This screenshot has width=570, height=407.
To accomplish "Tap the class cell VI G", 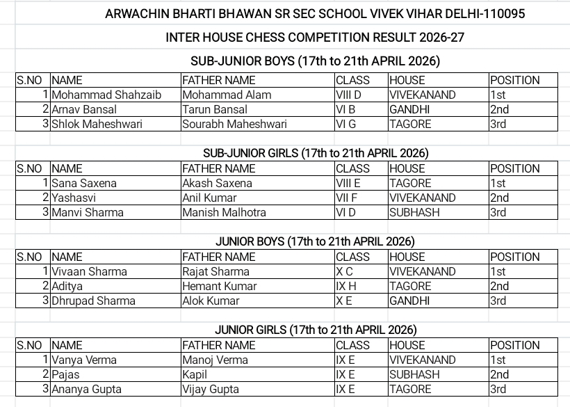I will pyautogui.click(x=345, y=124).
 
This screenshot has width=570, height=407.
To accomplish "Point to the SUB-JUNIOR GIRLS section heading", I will pyautogui.click(x=316, y=153).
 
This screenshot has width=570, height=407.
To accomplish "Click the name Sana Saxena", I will pyautogui.click(x=84, y=183).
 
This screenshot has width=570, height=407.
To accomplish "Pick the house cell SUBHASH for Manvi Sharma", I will pyautogui.click(x=414, y=212).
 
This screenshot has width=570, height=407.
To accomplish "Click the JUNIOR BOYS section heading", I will pyautogui.click(x=315, y=241).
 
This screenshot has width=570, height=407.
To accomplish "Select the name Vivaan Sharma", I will pyautogui.click(x=89, y=271).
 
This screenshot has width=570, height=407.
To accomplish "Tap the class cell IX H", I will pyautogui.click(x=345, y=286).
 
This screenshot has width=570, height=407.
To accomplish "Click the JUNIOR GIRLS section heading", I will pyautogui.click(x=316, y=330).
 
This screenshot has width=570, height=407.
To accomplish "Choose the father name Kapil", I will pyautogui.click(x=195, y=374).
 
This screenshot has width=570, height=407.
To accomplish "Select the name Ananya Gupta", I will pyautogui.click(x=86, y=389).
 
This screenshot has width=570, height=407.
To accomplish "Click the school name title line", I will pyautogui.click(x=315, y=14).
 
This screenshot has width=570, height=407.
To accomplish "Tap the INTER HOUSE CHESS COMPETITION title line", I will pyautogui.click(x=315, y=37).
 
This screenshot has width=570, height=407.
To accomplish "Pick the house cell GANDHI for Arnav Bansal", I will pyautogui.click(x=409, y=109).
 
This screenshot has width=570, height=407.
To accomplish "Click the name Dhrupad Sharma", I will pyautogui.click(x=93, y=301).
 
